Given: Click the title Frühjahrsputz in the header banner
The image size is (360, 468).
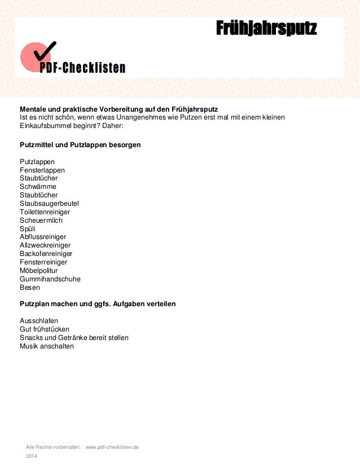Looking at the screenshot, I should [x=266, y=28].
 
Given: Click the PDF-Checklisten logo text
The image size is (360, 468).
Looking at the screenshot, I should [x=82, y=68].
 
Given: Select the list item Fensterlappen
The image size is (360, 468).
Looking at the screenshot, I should [x=42, y=170].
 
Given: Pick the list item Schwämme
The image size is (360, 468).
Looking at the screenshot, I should [x=38, y=187].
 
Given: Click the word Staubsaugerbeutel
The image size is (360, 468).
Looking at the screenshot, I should [x=49, y=204].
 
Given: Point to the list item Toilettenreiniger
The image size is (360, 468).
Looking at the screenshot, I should [x=45, y=212].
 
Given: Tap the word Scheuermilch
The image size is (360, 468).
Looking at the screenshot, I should [x=41, y=220].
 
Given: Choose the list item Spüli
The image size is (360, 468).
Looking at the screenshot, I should [x=28, y=228].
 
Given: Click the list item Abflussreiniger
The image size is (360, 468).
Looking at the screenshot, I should [x=43, y=237].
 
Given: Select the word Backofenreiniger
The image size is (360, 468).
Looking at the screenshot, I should [x=46, y=254].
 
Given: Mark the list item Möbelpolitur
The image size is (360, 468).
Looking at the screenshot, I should [x=39, y=271].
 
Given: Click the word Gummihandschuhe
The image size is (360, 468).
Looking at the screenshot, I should [x=50, y=279].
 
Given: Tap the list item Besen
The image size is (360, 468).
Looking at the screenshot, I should [x=30, y=288].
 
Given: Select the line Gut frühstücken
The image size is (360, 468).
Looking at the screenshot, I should [x=45, y=329].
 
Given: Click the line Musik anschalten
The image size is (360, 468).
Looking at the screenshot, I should [x=47, y=346].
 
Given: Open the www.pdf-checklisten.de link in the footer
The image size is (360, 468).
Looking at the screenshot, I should [x=112, y=447].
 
